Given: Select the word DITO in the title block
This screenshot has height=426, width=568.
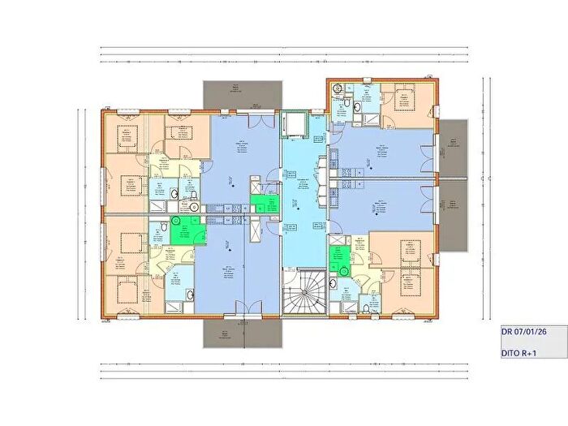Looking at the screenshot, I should click(509, 354).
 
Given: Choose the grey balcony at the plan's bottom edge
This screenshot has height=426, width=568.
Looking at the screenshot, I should click(239, 332).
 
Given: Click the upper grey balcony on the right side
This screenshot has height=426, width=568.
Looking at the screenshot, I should click(454, 148).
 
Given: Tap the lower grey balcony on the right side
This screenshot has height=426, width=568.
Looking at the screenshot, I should click(454, 214).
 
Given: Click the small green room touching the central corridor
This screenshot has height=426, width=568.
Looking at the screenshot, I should click(263, 204).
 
